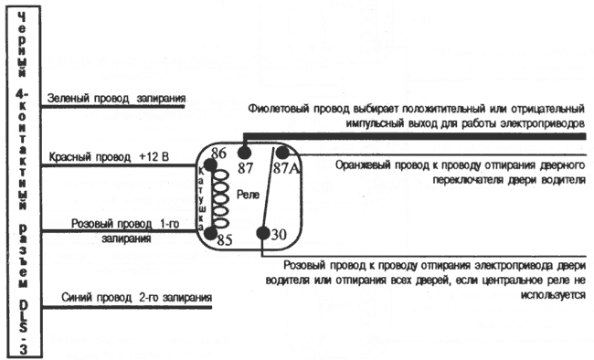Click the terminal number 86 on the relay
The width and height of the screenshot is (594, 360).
coord(218,153)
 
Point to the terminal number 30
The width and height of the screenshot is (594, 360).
coord(280,235)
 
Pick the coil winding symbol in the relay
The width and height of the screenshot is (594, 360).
coord(218,196)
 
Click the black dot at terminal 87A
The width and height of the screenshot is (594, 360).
coord(282,153)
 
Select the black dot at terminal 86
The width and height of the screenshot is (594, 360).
coord(209,165)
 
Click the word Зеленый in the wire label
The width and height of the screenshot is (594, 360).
coord(68,98)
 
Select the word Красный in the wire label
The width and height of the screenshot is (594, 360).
coord(69,156)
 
